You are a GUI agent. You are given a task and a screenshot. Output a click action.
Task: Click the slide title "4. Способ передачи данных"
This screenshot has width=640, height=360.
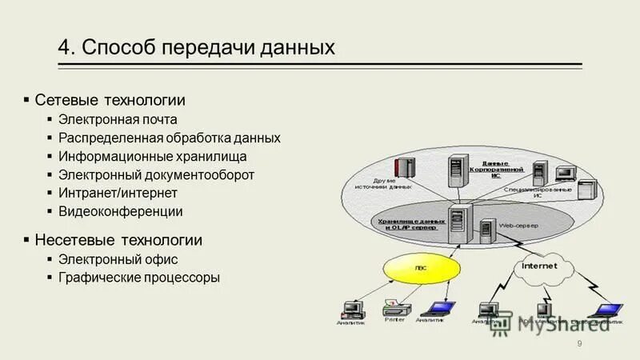(195, 47)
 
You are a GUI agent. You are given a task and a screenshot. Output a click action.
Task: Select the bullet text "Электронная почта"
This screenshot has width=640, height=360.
(117, 119)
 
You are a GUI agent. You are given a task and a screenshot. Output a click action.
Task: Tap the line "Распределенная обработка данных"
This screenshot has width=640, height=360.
(169, 138)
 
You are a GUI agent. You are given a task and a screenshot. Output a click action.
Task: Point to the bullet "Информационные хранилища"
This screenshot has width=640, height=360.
(152, 156)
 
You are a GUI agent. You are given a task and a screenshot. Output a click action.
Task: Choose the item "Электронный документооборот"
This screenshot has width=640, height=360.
(156, 174)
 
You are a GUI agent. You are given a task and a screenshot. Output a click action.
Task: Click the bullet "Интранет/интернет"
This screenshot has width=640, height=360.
(118, 193)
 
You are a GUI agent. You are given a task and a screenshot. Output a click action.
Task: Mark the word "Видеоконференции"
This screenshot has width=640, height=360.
(120, 211)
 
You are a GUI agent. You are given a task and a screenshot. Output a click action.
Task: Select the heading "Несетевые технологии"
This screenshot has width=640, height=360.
(118, 239)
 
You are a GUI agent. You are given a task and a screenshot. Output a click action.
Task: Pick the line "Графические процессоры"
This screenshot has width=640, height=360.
(138, 278)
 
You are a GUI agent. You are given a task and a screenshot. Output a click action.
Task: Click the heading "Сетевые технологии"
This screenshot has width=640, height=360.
(110, 100)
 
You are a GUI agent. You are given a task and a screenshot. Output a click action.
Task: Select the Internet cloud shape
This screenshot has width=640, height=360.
(545, 269)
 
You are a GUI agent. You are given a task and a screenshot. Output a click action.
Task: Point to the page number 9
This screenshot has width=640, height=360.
(579, 344)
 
